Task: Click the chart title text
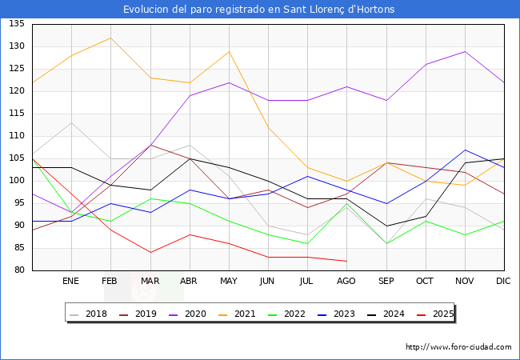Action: pyautogui.click(x=259, y=10)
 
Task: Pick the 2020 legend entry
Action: pyautogui.click(x=200, y=314)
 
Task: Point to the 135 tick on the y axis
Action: pyautogui.click(x=17, y=24)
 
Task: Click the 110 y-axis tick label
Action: pyautogui.click(x=17, y=136)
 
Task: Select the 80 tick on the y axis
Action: pyautogui.click(x=19, y=270)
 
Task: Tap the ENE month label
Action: pyautogui.click(x=71, y=282)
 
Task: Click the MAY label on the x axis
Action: pyautogui.click(x=229, y=282)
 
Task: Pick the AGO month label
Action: pyautogui.click(x=346, y=282)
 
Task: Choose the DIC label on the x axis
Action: pyautogui.click(x=503, y=282)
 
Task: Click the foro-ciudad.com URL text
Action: pyautogui.click(x=458, y=347)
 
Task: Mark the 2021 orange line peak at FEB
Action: pyautogui.click(x=110, y=38)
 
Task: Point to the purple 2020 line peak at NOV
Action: pyautogui.click(x=464, y=51)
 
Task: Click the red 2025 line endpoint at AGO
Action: pyautogui.click(x=346, y=261)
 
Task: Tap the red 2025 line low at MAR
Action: pyautogui.click(x=150, y=252)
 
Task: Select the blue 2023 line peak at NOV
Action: pyautogui.click(x=464, y=150)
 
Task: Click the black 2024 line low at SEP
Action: pyautogui.click(x=386, y=226)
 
